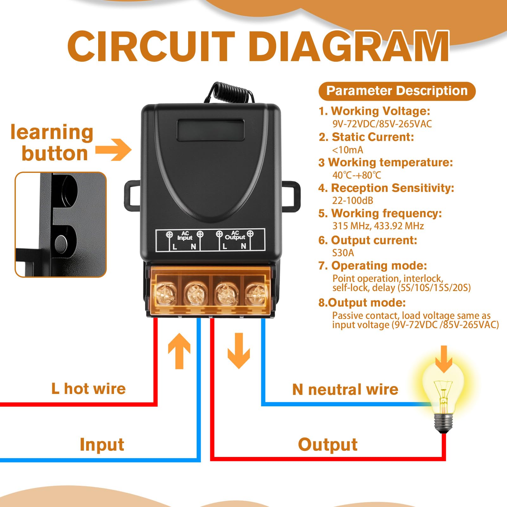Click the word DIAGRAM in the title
click(349, 47)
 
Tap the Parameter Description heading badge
click(397, 91)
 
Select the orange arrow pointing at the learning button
click(113, 149)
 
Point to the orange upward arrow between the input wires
click(179, 351)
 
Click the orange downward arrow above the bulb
click(444, 359)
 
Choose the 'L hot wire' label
click(89, 389)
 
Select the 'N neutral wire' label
click(345, 389)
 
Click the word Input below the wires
click(102, 445)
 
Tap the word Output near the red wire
click(328, 445)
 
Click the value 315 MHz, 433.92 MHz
click(378, 226)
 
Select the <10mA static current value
click(347, 150)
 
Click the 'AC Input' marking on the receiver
click(185, 236)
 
